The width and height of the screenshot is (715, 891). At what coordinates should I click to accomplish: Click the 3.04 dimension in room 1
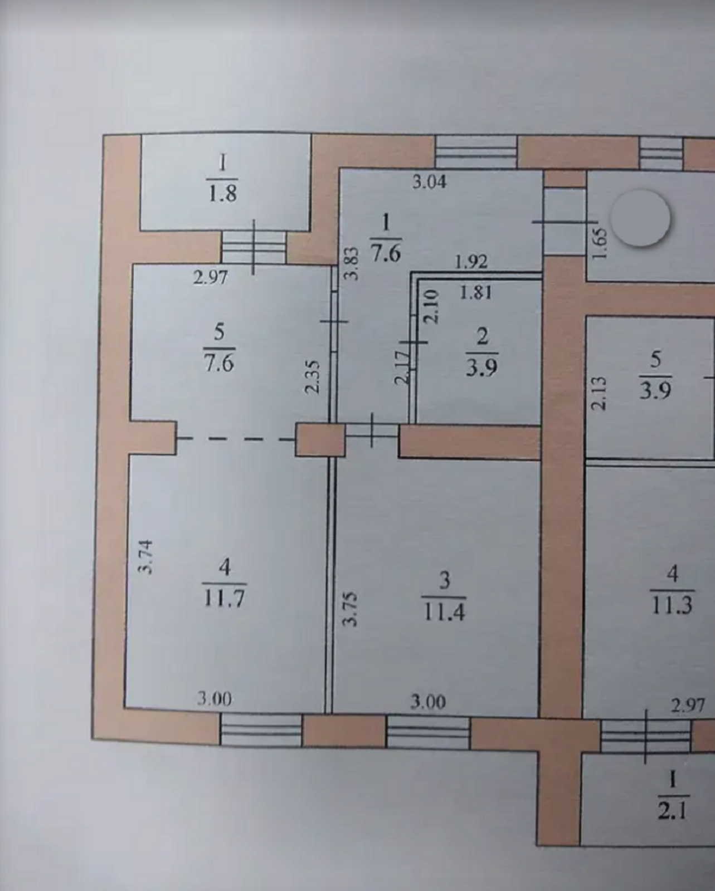(430, 182)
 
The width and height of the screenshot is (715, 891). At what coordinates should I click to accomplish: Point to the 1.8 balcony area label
(222, 193)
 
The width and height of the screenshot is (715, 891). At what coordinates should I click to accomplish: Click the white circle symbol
(640, 218)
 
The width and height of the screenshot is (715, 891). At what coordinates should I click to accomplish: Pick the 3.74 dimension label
(146, 556)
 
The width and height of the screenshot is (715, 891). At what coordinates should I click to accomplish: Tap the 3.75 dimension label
(351, 609)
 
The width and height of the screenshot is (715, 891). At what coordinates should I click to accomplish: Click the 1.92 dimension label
(471, 262)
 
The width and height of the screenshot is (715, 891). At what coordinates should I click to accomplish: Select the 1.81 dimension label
(475, 293)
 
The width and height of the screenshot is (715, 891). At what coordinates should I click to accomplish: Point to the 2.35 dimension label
(312, 376)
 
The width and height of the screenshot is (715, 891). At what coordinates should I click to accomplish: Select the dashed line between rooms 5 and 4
(236, 438)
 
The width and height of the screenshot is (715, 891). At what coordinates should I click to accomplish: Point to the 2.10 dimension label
(431, 307)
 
